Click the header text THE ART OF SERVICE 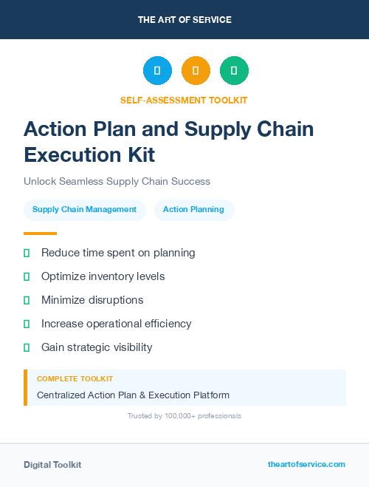(184, 20)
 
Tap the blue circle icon (157, 71)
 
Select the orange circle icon (196, 71)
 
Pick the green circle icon (234, 71)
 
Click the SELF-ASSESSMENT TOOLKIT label (184, 100)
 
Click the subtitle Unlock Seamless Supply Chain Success (117, 181)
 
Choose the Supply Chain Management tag (84, 210)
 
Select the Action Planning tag (193, 210)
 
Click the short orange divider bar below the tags (40, 234)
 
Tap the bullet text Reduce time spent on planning (118, 253)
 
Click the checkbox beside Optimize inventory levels (27, 276)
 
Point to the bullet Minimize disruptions (92, 300)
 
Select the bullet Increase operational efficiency (116, 324)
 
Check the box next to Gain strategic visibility (27, 347)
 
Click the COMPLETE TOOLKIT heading (75, 378)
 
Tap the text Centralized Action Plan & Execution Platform (133, 395)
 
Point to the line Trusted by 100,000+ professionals (184, 416)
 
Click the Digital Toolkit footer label (52, 465)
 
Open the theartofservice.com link (306, 464)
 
